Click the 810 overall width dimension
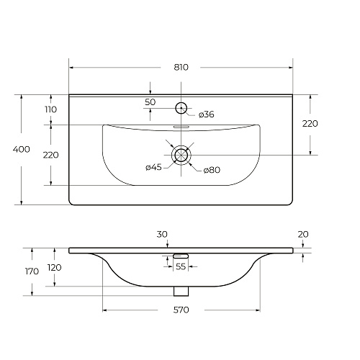pyautogui.click(x=181, y=68)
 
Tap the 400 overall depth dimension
pyautogui.click(x=22, y=150)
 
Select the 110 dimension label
pyautogui.click(x=50, y=109)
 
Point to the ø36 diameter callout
pyautogui.click(x=207, y=114)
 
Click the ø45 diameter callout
pyautogui.click(x=153, y=167)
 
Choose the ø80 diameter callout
pyautogui.click(x=212, y=170)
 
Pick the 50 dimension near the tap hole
pyautogui.click(x=150, y=102)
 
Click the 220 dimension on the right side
pyautogui.click(x=310, y=124)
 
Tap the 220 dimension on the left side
pyautogui.click(x=50, y=155)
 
